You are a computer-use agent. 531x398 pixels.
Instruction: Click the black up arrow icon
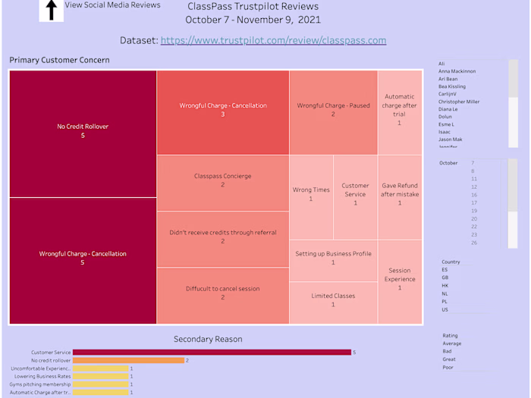[52, 10]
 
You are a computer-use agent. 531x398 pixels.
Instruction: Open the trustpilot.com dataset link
[273, 40]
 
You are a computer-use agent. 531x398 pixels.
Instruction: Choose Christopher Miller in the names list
[458, 102]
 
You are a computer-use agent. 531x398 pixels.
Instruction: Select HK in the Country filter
[445, 286]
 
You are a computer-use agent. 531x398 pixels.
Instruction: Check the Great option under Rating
[449, 359]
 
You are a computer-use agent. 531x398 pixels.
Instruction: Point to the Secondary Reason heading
[208, 339]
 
